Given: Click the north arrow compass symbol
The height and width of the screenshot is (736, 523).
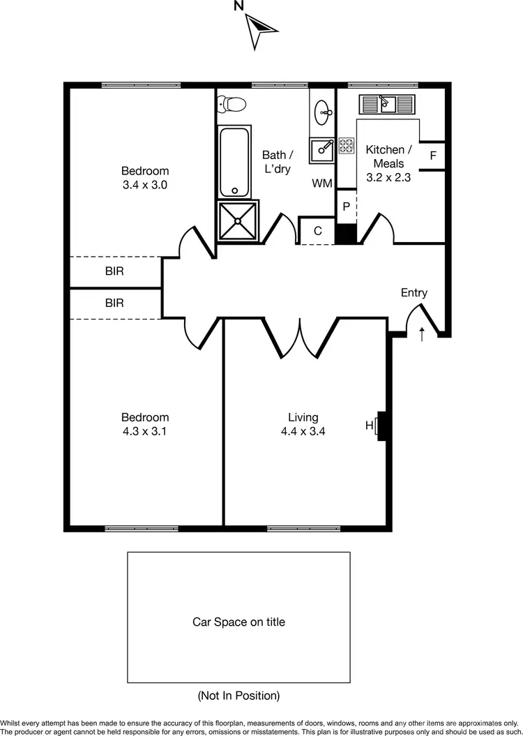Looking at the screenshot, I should tap(261, 27).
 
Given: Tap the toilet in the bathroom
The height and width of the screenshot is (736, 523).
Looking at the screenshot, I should tap(232, 104).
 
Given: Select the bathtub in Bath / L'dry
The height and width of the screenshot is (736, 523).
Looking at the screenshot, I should tap(234, 162).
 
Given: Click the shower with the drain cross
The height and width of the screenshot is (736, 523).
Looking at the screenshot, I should tap(237, 220).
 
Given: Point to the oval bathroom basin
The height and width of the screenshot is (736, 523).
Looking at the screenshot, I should tap(323, 110).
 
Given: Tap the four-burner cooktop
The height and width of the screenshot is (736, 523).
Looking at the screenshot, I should tap(346, 145).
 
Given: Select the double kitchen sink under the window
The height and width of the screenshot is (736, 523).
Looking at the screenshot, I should tap(387, 104).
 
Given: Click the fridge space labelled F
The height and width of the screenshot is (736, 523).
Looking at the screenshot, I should tap(432, 156).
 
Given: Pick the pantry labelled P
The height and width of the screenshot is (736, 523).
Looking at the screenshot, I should tap(346, 206).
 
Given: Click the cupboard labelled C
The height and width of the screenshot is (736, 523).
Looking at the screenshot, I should tap(317, 231).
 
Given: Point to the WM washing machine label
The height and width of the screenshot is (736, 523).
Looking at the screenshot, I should tap(321, 183).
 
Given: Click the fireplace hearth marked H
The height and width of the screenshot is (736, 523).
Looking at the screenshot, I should tap(381, 425).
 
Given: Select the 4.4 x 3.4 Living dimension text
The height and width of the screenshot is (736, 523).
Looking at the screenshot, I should tap(303, 431).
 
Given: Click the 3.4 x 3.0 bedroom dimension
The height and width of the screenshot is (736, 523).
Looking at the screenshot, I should tap(145, 185).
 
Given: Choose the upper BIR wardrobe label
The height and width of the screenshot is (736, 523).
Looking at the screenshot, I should tap(114, 271).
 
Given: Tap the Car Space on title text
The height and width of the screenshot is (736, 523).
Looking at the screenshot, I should tap(238, 622).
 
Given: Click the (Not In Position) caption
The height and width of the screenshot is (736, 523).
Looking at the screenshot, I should tap(238, 696).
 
